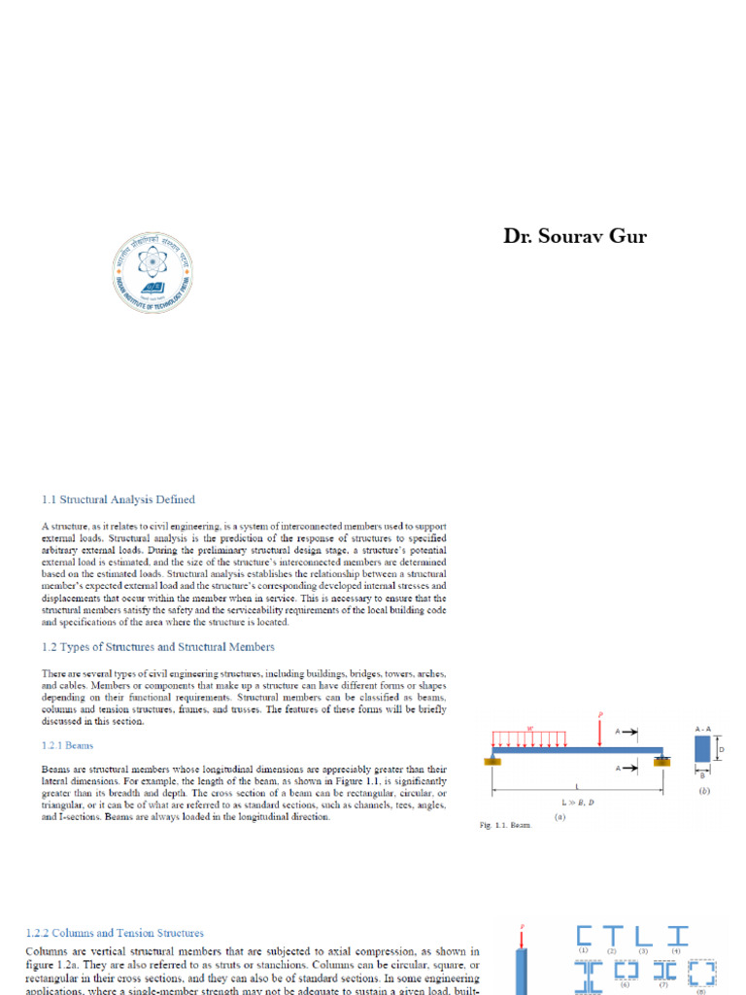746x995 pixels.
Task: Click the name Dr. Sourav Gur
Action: pos(575,236)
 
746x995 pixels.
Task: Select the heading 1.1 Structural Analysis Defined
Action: pos(118,499)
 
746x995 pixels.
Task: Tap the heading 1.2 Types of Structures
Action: pos(157,646)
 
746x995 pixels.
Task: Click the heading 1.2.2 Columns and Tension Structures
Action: pos(115,933)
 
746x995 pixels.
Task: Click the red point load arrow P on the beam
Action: pos(600,732)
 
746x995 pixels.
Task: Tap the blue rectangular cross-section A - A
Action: pos(702,750)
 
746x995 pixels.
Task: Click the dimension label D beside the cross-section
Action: pos(722,749)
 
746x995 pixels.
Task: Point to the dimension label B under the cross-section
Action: pos(702,775)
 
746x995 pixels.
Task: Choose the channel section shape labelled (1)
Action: pos(584,936)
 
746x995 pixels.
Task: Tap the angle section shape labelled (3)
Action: pos(642,936)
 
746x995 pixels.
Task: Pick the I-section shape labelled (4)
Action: pos(676,936)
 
